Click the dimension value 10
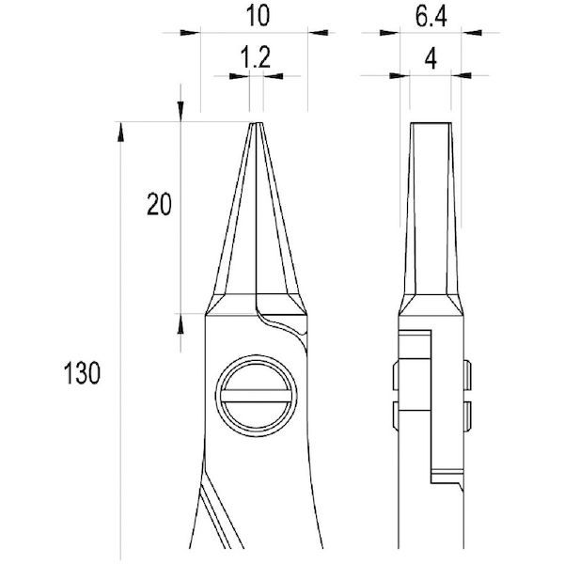258,17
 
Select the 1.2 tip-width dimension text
255,58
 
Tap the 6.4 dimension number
431,17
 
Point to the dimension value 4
431,59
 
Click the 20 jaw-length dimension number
159,205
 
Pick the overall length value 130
82,373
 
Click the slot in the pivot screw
256,396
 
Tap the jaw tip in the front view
257,124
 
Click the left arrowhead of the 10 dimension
190,33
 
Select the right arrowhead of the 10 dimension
318,33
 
